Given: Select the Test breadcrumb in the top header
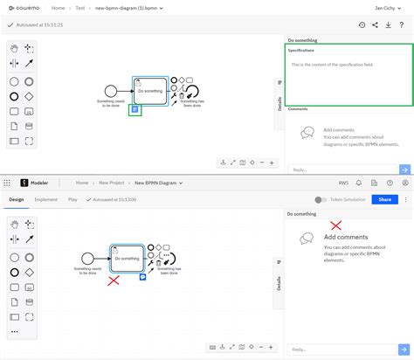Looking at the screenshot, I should [x=81, y=7].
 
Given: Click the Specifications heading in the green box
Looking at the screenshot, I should [x=301, y=50].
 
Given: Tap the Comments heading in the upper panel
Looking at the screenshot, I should [x=298, y=109].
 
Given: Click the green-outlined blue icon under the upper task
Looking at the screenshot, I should [x=135, y=110].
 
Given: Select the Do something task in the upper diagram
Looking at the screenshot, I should [x=149, y=91].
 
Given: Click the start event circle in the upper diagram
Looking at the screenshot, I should [x=110, y=91].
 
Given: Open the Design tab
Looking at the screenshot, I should [x=17, y=199].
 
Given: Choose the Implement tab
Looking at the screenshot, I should [x=46, y=199].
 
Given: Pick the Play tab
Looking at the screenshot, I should [x=72, y=199].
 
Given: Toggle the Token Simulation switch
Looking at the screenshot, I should [x=321, y=199].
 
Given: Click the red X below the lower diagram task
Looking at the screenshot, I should [x=114, y=280].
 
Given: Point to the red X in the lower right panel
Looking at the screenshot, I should [x=335, y=225].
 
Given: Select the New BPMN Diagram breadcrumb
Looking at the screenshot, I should [x=155, y=183].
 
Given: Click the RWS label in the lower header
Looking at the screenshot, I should [x=343, y=183].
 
